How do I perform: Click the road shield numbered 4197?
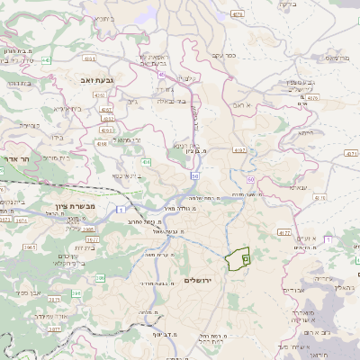pyautogui.click(x=238, y=148)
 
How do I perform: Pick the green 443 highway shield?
pyautogui.click(x=146, y=162)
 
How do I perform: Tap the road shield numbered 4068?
pyautogui.click(x=101, y=143)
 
